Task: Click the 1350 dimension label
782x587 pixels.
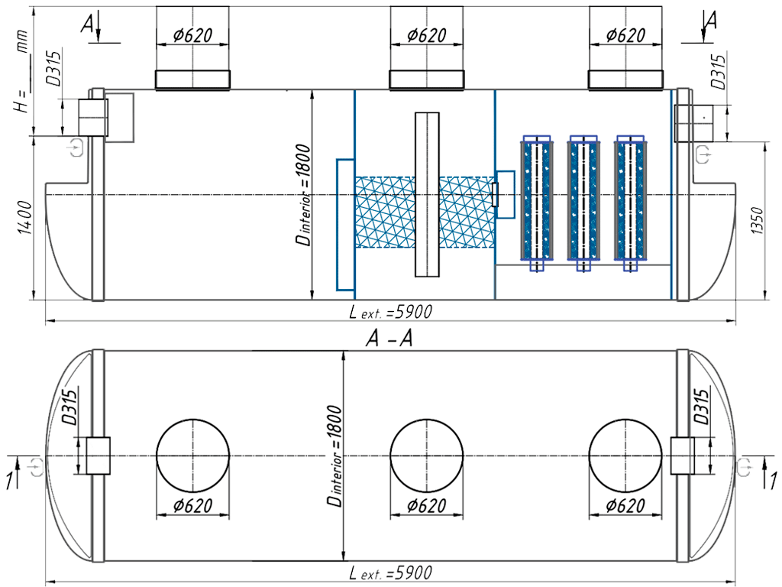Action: [757, 221]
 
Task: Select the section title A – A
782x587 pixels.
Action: [389, 339]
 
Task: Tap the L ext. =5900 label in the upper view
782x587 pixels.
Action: [390, 313]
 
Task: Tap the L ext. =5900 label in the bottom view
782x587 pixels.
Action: [390, 572]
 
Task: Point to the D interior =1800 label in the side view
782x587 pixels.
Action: [303, 195]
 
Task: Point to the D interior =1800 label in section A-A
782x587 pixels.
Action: [334, 456]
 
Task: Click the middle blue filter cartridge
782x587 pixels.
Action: [583, 201]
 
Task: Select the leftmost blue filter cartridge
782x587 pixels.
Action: [537, 201]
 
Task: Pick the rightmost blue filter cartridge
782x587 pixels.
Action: [630, 201]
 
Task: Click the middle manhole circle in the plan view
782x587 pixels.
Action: [426, 456]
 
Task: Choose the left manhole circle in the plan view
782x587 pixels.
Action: [192, 456]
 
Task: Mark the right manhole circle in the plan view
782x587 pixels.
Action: [625, 456]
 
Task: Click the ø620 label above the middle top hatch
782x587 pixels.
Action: [426, 35]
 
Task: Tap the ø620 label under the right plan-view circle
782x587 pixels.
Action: [625, 506]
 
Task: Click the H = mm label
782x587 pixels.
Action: [22, 70]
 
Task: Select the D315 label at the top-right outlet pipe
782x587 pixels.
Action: [718, 72]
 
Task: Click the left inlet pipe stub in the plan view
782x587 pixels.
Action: [98, 456]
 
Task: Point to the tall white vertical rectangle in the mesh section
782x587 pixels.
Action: [428, 195]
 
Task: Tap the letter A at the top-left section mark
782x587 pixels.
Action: [87, 23]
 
